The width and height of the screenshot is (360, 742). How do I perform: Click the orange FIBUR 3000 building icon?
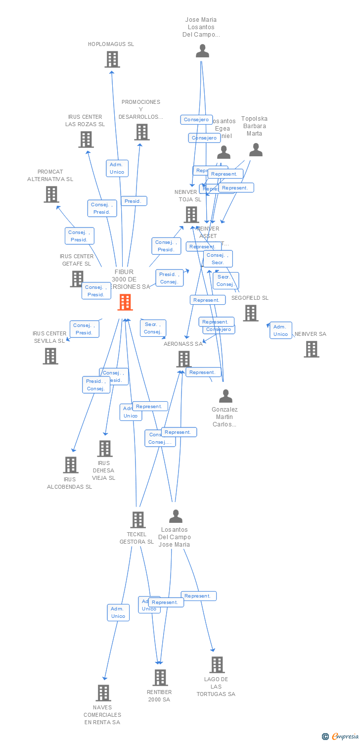pos(125,302)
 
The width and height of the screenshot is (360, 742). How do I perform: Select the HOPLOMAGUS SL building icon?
pos(112,59)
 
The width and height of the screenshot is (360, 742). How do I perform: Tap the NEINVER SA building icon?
pos(312,349)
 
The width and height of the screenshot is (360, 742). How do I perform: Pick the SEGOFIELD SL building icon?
pos(251,313)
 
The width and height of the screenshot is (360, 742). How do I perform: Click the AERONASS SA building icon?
pos(184,359)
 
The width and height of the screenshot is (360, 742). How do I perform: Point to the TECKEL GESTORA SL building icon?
pos(138,520)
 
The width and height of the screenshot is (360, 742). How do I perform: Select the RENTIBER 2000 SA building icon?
pos(160,678)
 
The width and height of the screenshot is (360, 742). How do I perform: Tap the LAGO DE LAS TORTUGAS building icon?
pos(217,665)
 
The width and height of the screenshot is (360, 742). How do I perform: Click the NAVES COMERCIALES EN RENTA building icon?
pos(103,693)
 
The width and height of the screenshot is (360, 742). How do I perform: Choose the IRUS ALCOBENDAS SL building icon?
pos(71,465)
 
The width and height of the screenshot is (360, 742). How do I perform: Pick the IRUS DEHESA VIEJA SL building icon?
pos(105,449)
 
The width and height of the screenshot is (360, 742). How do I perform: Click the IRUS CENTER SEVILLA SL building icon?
pos(50,356)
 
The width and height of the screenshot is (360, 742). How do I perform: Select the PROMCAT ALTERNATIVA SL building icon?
pos(51,194)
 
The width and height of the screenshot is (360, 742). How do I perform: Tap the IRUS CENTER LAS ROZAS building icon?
pos(86,139)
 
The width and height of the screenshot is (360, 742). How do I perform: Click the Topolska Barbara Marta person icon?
pos(256,150)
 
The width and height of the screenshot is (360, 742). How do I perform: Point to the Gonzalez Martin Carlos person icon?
pos(225,396)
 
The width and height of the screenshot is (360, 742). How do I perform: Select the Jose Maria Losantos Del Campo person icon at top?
pos(202,51)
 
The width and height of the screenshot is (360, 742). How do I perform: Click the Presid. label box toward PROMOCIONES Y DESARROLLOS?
pos(134,201)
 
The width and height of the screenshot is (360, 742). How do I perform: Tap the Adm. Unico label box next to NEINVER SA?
pos(281,330)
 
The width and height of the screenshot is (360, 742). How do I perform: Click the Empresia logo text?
pos(345,737)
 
